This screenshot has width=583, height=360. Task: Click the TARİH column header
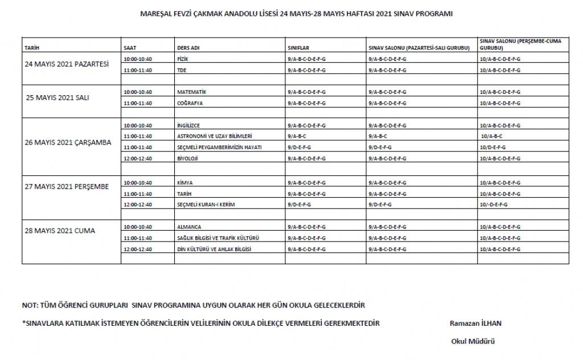click(x=31, y=48)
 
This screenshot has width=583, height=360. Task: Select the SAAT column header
click(x=130, y=48)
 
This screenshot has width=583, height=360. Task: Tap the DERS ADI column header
click(x=188, y=48)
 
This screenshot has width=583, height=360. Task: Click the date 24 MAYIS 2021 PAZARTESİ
click(x=67, y=64)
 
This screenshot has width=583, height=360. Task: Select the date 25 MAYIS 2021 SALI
click(x=57, y=97)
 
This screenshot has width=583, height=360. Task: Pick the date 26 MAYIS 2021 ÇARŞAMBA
click(x=68, y=142)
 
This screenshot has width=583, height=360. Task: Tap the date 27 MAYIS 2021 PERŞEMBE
click(x=67, y=187)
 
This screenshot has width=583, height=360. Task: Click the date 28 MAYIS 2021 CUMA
click(x=60, y=231)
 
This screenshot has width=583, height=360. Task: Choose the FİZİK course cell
click(x=183, y=59)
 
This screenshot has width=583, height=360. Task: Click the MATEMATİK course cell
click(x=191, y=92)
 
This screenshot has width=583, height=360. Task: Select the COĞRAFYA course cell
click(x=190, y=103)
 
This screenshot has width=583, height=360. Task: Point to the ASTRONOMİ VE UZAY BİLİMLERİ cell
click(x=215, y=136)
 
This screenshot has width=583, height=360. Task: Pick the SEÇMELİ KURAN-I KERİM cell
click(x=206, y=203)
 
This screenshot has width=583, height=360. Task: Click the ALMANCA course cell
click(x=189, y=227)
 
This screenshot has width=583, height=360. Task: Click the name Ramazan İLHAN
click(x=475, y=323)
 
